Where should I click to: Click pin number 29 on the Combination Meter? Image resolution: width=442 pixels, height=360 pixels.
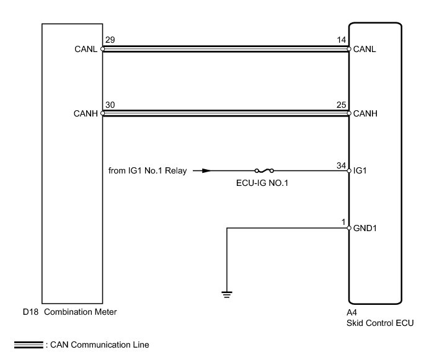pyautogui.click(x=110, y=40)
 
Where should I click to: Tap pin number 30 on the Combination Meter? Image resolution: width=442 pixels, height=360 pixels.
pyautogui.click(x=110, y=105)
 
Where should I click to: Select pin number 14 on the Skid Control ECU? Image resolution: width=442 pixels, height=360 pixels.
pyautogui.click(x=342, y=40)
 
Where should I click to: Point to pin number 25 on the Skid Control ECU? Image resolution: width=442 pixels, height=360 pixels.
pyautogui.click(x=342, y=105)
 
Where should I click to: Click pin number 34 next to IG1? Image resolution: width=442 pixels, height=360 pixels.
pyautogui.click(x=342, y=165)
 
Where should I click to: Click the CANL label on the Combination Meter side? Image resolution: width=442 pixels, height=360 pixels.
pyautogui.click(x=86, y=49)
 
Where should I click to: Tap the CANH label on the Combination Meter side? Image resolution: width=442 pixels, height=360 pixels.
pyautogui.click(x=86, y=114)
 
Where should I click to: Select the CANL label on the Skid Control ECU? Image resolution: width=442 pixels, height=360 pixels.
pyautogui.click(x=365, y=49)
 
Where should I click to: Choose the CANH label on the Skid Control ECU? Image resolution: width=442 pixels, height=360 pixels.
pyautogui.click(x=365, y=114)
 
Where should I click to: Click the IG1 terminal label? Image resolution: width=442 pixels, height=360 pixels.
pyautogui.click(x=360, y=170)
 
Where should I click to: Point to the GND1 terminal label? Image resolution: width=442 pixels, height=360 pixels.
pyautogui.click(x=365, y=228)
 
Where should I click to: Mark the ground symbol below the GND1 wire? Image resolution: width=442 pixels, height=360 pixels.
pyautogui.click(x=228, y=293)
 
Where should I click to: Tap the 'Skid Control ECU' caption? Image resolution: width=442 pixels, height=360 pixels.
pyautogui.click(x=379, y=323)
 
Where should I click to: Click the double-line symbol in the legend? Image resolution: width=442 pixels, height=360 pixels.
pyautogui.click(x=27, y=345)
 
